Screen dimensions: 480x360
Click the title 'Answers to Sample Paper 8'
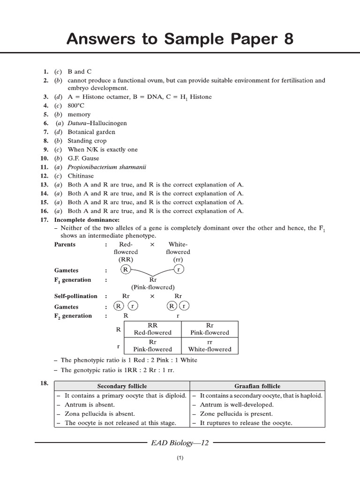(x=180, y=39)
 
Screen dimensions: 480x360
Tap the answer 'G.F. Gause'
(x=83, y=158)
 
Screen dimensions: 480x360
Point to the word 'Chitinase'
(x=81, y=176)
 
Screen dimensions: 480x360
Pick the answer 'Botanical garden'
(x=91, y=132)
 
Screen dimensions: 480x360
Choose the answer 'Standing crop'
(x=87, y=141)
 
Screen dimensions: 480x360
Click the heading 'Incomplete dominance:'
(x=87, y=220)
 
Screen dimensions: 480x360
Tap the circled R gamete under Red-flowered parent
(x=125, y=270)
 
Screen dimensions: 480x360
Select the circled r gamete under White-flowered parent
(x=178, y=270)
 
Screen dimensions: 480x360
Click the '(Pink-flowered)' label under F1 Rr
(x=153, y=287)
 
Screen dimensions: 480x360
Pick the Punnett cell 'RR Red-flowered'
(x=153, y=329)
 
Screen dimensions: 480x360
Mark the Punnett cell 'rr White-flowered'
(x=210, y=345)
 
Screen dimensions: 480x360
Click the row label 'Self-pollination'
(x=76, y=296)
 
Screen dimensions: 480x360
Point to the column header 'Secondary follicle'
(x=122, y=386)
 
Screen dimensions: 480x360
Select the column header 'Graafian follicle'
(x=257, y=386)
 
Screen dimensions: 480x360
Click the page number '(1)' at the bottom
(x=180, y=458)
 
